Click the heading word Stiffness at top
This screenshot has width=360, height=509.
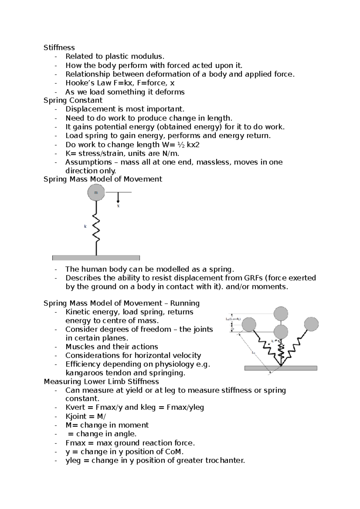point(59,48)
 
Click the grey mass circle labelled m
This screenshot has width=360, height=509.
point(96,192)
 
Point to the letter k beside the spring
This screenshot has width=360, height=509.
point(85,227)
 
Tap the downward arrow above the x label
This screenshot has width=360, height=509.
point(118,198)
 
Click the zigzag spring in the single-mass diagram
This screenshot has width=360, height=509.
point(96,228)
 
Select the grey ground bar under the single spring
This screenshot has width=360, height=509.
point(96,258)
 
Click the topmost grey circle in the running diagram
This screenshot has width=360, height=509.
point(281,314)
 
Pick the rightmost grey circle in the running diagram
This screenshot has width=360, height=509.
point(311,324)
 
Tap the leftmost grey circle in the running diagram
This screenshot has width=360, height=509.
point(249,325)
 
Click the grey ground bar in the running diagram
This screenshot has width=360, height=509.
point(281,368)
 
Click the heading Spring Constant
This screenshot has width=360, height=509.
point(73,100)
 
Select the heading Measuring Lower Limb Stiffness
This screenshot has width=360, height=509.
point(101,382)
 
